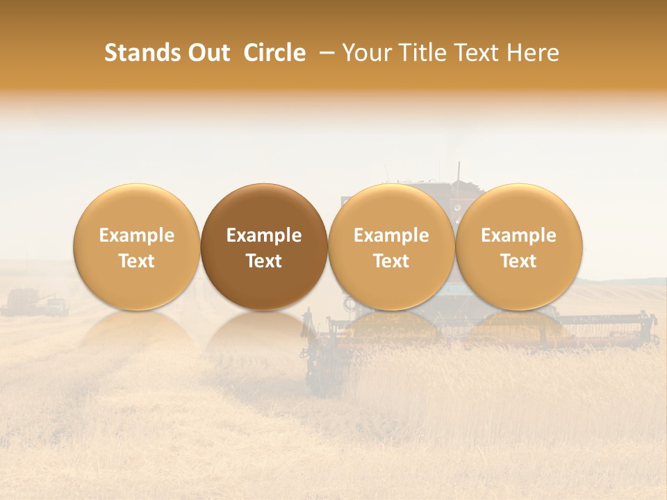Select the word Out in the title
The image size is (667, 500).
207,53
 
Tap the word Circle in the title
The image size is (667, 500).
274,53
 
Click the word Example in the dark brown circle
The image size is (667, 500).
264,235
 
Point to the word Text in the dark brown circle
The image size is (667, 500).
264,261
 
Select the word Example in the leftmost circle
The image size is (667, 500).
136,235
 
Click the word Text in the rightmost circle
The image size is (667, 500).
519,261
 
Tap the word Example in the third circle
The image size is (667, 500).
391,235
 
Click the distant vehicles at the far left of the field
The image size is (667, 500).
35,303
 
